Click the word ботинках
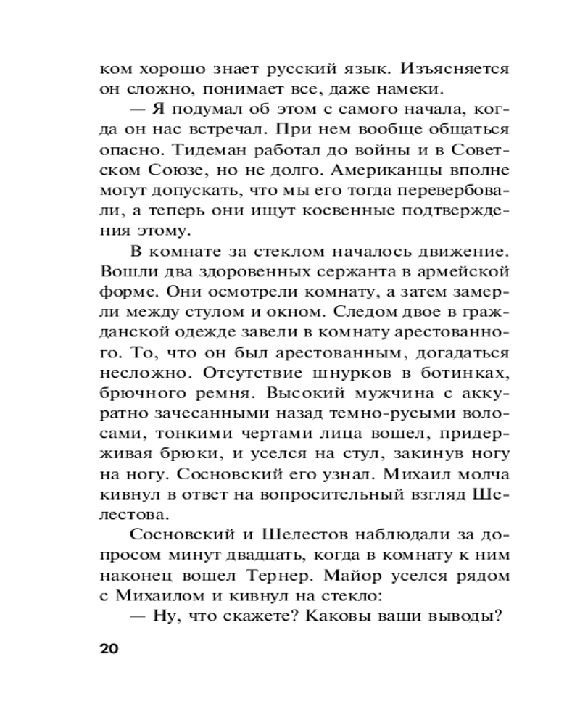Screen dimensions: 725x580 coord(458,373)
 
